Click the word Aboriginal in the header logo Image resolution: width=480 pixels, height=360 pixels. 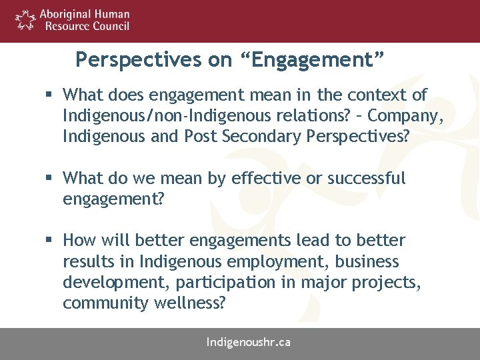tap(67, 14)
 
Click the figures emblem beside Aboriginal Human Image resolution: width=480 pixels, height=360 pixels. tap(25, 20)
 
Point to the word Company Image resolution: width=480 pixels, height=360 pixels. tap(405, 116)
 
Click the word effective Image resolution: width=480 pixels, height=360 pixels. tap(262, 179)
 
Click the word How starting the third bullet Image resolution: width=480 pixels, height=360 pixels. tap(80, 241)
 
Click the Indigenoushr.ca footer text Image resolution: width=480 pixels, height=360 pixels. tap(249, 343)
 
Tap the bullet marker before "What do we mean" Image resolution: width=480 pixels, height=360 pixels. tap(51, 179)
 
